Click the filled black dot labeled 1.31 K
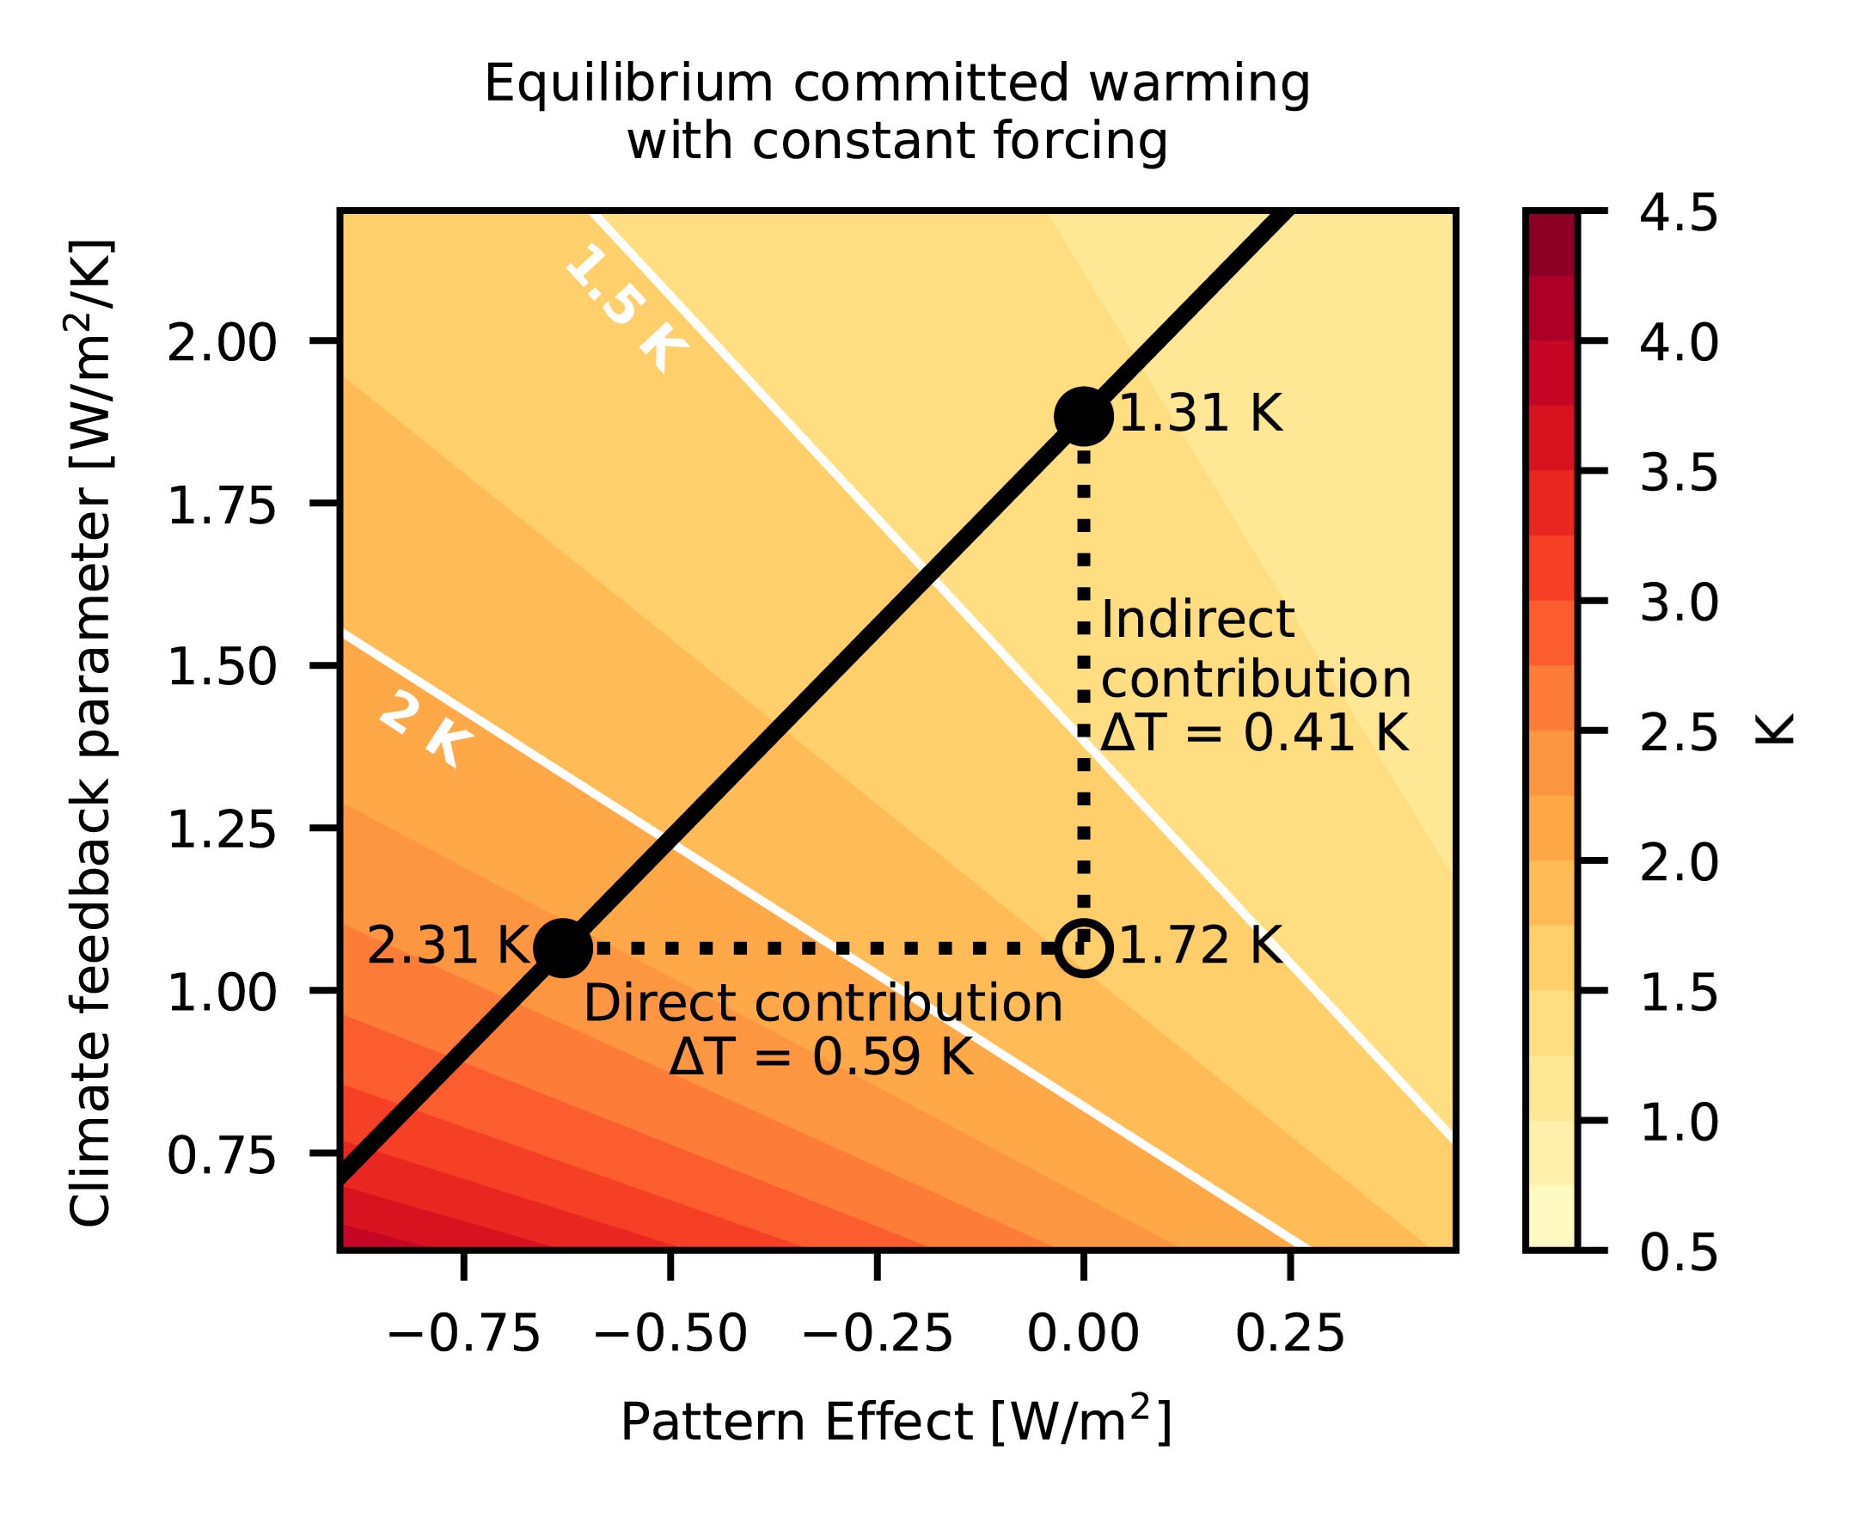pos(1083,416)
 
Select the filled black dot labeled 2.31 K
pos(563,947)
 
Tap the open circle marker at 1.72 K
pos(1083,947)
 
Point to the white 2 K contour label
pos(425,731)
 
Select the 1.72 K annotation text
pos(1200,946)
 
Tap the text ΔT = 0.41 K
pos(1254,733)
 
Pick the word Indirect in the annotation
pos(1197,621)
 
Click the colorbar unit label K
pos(1774,730)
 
